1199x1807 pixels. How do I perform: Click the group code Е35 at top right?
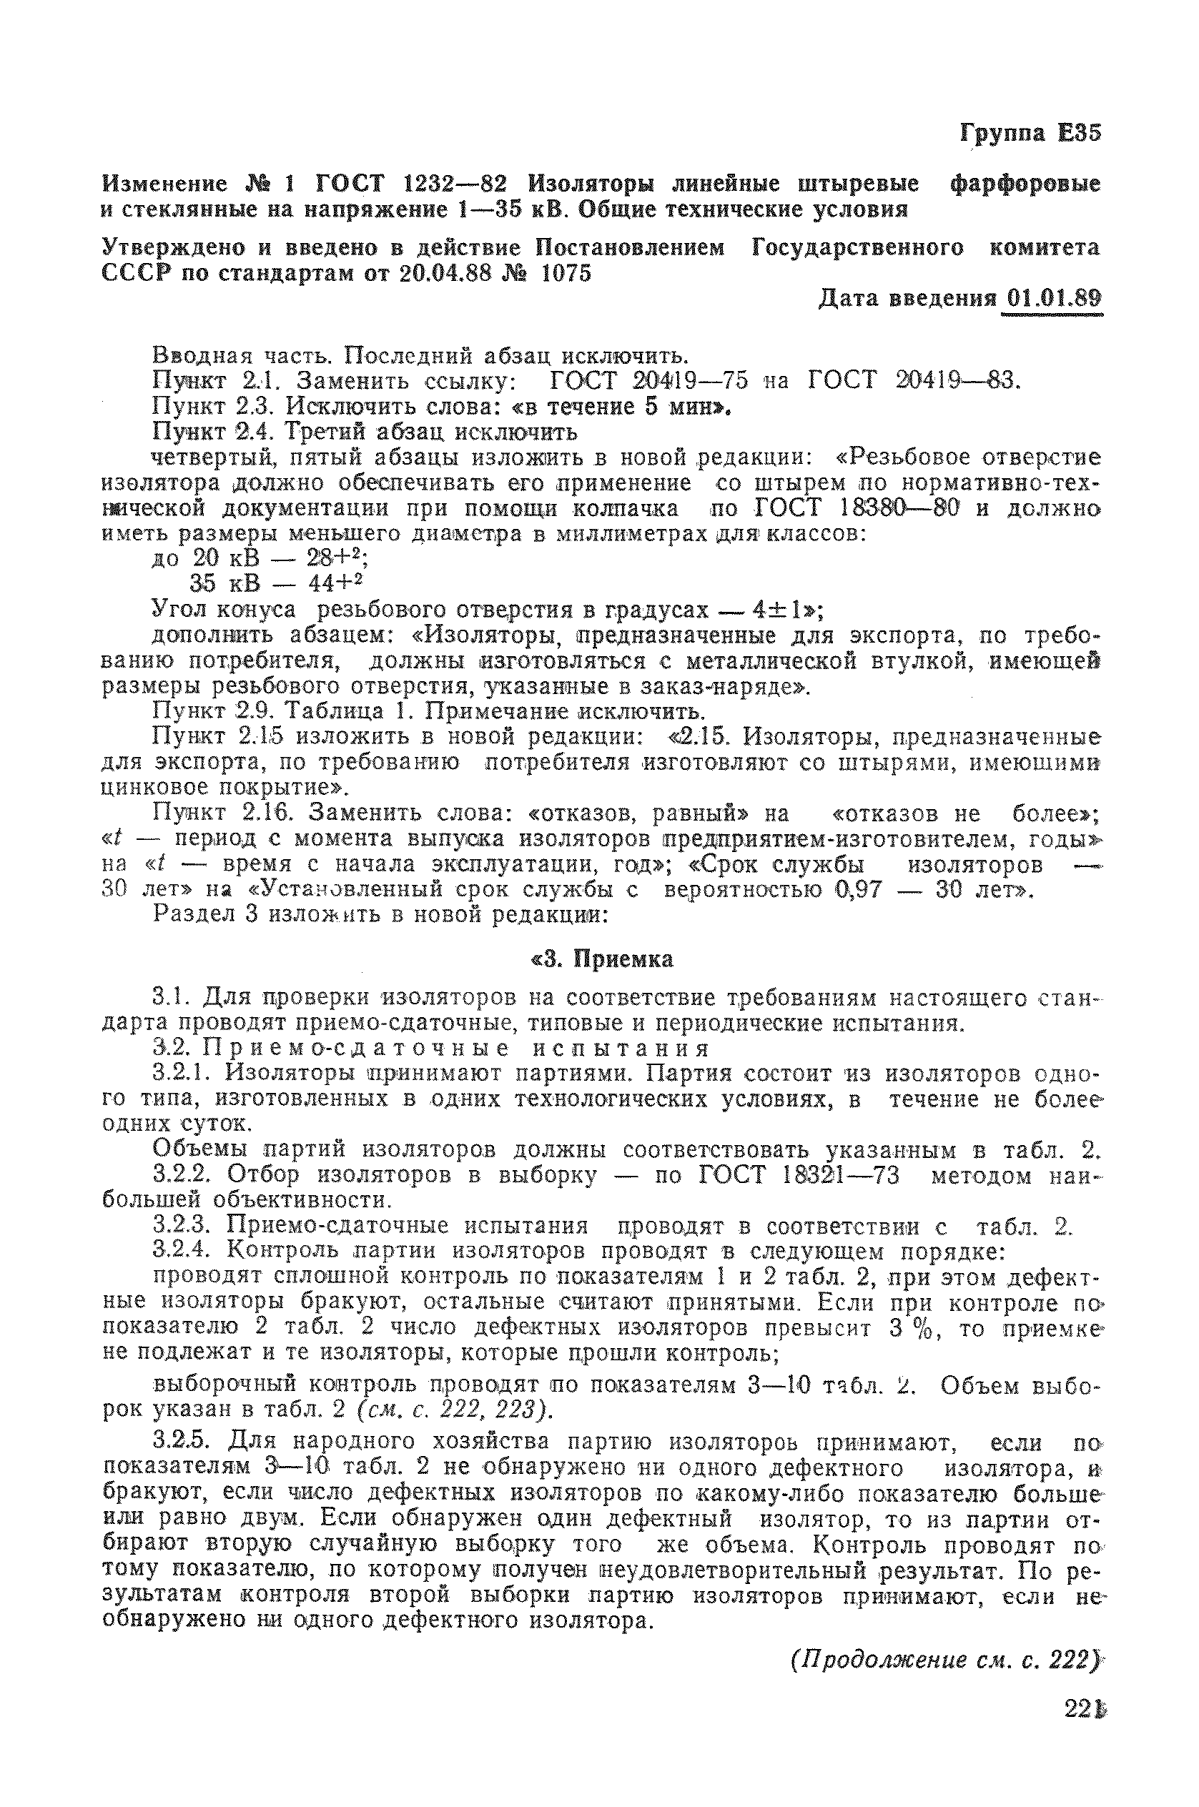coord(1079,133)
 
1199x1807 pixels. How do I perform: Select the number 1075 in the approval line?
coord(566,273)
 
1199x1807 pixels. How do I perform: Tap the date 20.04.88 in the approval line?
coord(444,273)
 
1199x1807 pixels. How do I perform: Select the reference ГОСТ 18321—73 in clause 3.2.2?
coord(799,1176)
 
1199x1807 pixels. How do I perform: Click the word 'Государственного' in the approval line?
coord(857,247)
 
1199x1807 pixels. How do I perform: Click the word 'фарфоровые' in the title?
coord(1024,184)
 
